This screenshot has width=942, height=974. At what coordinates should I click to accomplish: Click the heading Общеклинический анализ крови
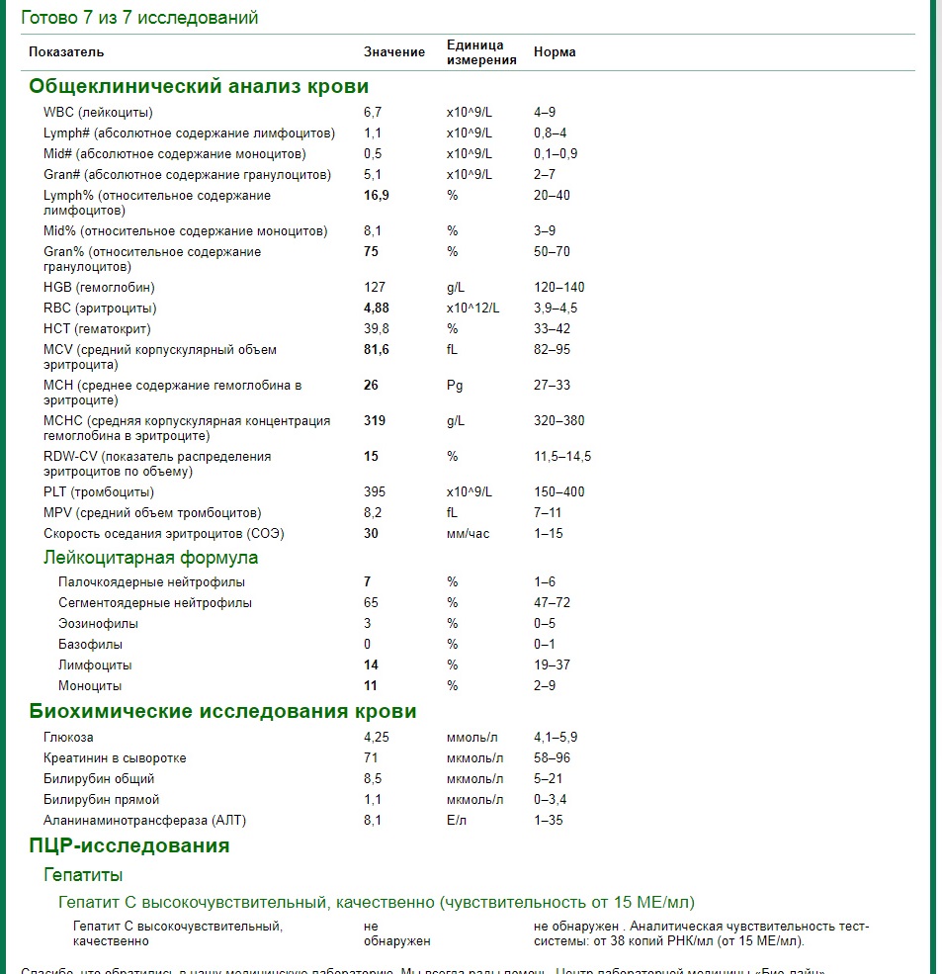[199, 86]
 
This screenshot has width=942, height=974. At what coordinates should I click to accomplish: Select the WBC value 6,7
[373, 113]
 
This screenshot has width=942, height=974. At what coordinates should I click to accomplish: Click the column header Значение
[394, 51]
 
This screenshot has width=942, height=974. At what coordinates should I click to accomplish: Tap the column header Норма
[555, 51]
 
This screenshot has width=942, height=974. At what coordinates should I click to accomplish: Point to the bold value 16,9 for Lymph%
[377, 196]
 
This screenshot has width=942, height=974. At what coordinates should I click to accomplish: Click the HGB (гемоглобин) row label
[99, 288]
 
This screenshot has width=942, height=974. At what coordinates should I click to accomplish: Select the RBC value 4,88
[377, 309]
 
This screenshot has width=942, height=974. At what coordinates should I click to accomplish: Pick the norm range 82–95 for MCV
[552, 350]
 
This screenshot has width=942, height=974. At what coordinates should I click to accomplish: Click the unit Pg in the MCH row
[455, 386]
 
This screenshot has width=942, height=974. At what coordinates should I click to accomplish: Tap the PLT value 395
[374, 492]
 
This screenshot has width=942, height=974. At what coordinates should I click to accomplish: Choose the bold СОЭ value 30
[372, 534]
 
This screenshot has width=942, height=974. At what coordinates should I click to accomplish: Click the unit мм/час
[468, 534]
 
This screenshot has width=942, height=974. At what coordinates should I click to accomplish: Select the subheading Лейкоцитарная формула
[150, 558]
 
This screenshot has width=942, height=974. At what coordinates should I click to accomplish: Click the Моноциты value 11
[371, 686]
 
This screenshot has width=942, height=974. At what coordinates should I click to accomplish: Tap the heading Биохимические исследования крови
[222, 712]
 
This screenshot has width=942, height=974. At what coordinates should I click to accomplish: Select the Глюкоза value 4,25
[378, 738]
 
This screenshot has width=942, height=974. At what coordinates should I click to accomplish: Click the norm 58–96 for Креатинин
[552, 758]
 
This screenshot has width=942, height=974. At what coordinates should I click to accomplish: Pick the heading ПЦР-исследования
[129, 845]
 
